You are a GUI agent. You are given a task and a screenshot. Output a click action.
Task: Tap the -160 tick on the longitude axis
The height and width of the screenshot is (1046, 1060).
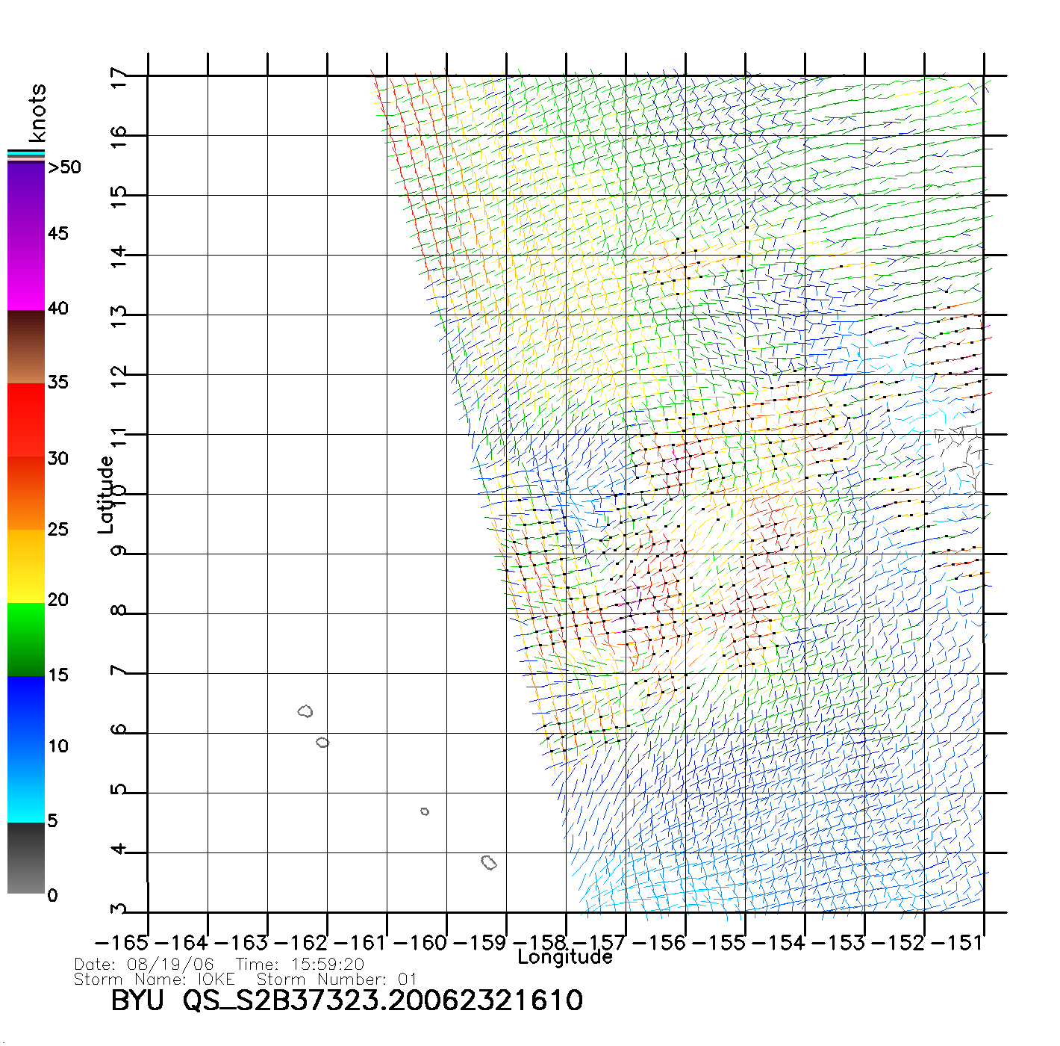(x=420, y=943)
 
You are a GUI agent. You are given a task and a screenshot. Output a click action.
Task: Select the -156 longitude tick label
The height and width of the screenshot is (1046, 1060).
(x=659, y=943)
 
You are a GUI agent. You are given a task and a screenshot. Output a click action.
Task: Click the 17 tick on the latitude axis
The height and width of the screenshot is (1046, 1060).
(x=118, y=76)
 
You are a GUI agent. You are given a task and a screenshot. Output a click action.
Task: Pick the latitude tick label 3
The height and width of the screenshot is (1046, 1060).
(x=118, y=910)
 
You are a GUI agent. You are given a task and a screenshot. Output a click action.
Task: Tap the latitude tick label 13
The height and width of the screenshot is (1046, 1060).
(x=118, y=315)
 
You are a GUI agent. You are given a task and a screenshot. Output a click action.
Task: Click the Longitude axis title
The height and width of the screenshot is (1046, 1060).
(x=565, y=957)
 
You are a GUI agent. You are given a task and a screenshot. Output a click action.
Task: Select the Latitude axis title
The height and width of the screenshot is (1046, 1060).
(x=105, y=494)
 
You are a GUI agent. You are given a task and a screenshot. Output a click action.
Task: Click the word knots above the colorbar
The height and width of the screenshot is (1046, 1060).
(x=37, y=113)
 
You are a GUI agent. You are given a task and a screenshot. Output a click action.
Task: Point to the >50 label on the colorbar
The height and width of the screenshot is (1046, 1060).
(x=64, y=167)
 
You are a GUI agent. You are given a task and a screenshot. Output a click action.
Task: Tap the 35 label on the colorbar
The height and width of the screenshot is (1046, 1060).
(x=57, y=383)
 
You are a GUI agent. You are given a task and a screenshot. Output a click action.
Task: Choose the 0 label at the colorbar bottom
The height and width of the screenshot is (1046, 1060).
(x=52, y=896)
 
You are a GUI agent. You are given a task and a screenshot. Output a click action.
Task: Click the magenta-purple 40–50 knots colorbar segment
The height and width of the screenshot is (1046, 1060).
(x=26, y=235)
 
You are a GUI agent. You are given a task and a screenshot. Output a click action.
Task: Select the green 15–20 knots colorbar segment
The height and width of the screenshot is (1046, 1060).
(x=26, y=640)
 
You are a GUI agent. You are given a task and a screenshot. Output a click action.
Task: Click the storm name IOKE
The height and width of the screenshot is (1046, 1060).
(x=216, y=980)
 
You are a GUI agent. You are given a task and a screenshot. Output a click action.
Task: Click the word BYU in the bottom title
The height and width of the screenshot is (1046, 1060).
(x=137, y=1000)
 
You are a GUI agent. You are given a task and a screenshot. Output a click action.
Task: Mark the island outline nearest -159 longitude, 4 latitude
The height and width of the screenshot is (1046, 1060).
(x=489, y=863)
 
